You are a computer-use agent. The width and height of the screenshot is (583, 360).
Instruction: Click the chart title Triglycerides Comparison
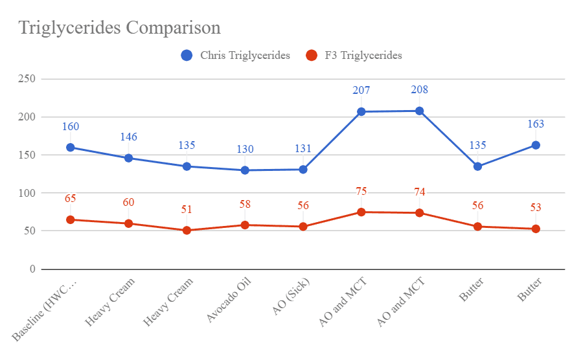[x=120, y=28]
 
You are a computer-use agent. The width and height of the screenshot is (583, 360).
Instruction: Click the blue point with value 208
[x=419, y=111]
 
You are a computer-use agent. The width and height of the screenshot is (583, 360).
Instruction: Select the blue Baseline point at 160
[x=70, y=148]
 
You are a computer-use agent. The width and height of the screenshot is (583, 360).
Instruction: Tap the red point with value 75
[x=361, y=212]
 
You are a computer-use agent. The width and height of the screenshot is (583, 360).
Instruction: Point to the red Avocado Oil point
[x=245, y=225]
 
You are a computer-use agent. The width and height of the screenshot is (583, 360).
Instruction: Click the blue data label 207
[x=361, y=90]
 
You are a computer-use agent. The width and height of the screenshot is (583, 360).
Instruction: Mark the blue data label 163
[x=536, y=124]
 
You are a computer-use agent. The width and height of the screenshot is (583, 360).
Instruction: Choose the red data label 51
[x=187, y=209]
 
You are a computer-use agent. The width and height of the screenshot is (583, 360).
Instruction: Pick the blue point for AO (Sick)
[x=303, y=170]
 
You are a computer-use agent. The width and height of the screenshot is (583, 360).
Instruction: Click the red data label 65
[x=70, y=198]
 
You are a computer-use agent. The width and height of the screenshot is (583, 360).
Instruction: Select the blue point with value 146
[x=128, y=158]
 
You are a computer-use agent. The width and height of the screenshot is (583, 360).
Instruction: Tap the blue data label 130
[x=245, y=149]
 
